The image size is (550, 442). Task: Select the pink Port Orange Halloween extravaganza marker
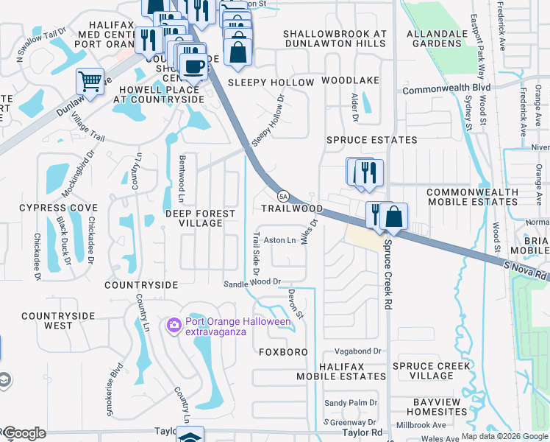point(174,324)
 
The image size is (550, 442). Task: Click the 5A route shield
point(283,196)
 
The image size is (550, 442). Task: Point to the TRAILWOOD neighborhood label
point(292,209)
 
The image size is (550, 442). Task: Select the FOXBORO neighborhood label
point(283,352)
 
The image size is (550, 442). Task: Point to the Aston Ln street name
point(279,240)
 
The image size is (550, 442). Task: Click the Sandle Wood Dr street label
point(253,282)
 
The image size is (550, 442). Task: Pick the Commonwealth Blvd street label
point(446,88)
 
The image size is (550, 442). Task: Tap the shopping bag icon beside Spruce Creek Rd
point(394,216)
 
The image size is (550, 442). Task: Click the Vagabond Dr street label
point(358,351)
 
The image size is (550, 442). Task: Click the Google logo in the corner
point(24,433)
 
